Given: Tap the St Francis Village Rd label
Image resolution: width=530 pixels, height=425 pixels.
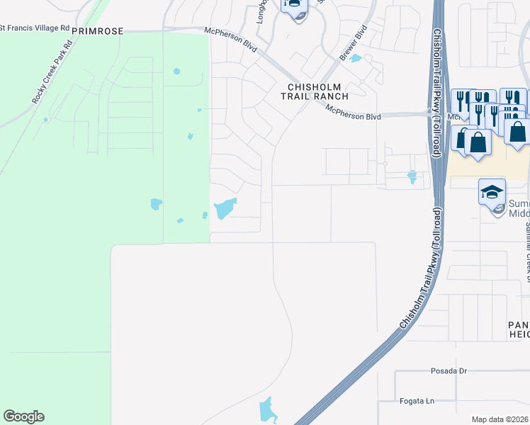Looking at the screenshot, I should [x=35, y=28].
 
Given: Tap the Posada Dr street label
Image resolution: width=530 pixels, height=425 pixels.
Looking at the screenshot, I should [x=449, y=370].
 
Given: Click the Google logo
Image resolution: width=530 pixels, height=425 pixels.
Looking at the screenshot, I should [x=23, y=416].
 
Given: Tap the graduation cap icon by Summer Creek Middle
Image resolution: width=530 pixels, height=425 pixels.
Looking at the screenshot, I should [x=492, y=191].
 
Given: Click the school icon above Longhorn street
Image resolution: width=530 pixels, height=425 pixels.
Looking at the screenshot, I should [x=293, y=4].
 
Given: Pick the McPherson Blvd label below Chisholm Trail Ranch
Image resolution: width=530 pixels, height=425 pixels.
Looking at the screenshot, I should [x=354, y=113].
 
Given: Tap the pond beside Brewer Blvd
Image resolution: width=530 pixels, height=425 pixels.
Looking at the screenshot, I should [x=356, y=59].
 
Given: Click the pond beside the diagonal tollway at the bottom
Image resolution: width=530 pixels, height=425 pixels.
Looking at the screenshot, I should [x=266, y=409].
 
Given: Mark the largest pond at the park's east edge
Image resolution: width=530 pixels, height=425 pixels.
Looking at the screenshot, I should [x=224, y=209].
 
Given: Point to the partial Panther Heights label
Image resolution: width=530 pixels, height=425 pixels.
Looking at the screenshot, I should [x=519, y=329].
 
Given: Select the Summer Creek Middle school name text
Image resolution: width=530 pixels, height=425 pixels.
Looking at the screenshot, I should [x=519, y=208].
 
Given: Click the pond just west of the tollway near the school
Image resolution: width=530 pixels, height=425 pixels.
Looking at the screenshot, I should [x=412, y=176].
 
